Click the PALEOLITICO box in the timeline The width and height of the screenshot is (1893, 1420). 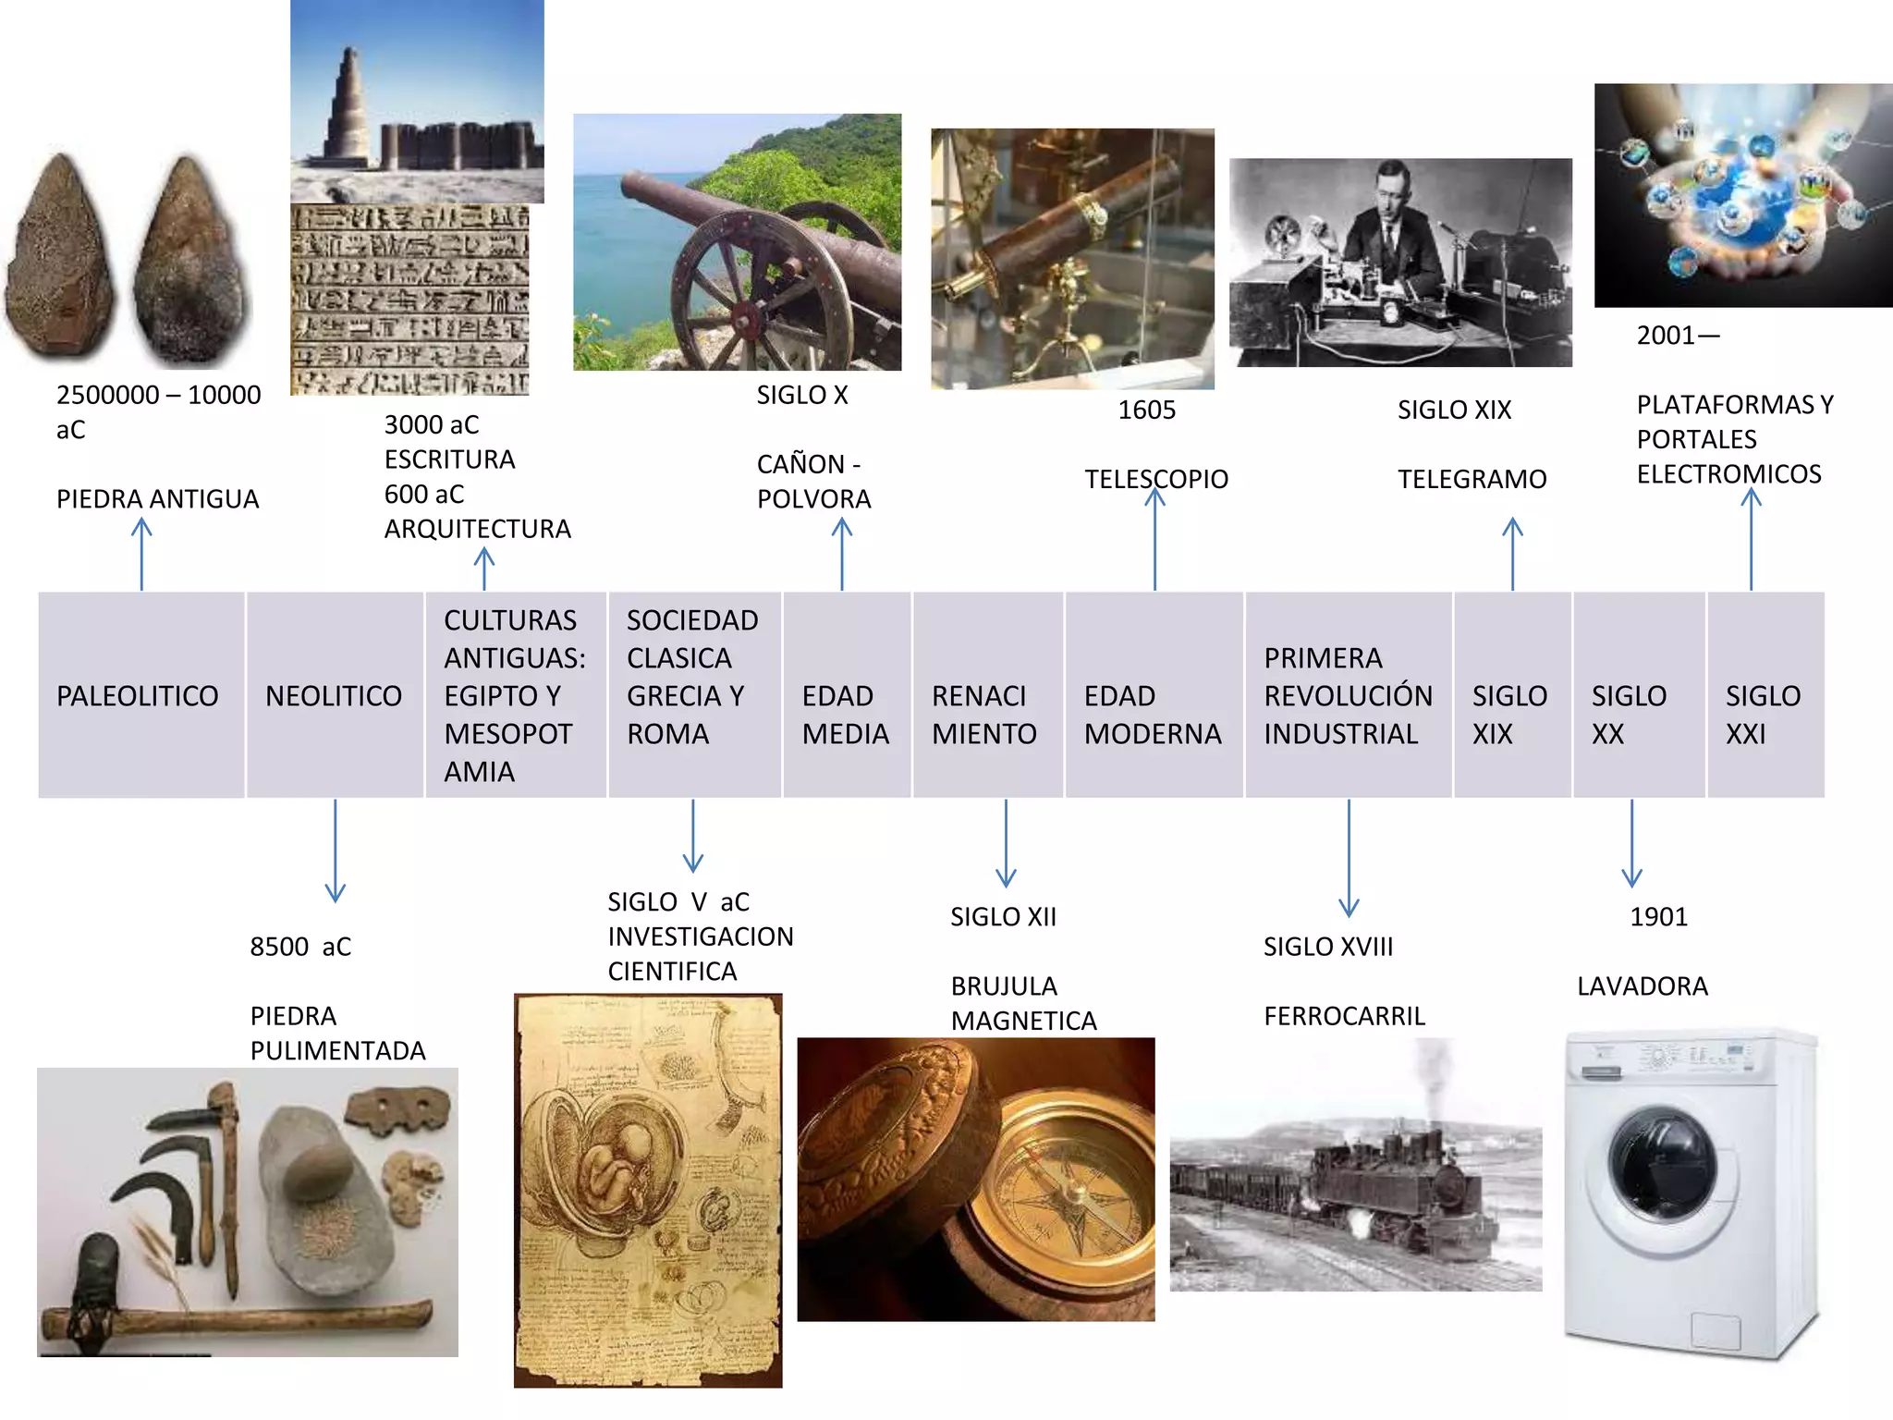pyautogui.click(x=140, y=695)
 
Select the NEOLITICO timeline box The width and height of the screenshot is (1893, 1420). pyautogui.click(x=335, y=695)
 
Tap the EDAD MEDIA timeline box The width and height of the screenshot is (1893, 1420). pyautogui.click(x=846, y=695)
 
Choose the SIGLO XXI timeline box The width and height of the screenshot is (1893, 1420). pyautogui.click(x=1765, y=695)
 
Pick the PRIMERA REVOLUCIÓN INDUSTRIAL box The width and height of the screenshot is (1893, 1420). pyautogui.click(x=1348, y=695)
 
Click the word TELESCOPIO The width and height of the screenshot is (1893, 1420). pyautogui.click(x=1155, y=479)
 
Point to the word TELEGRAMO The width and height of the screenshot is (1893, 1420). pyautogui.click(x=1472, y=479)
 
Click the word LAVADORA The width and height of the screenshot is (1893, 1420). pyautogui.click(x=1642, y=986)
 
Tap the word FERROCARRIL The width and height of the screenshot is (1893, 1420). pyautogui.click(x=1344, y=1016)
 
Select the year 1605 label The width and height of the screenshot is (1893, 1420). pyautogui.click(x=1146, y=410)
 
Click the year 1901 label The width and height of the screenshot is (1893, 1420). pyautogui.click(x=1658, y=917)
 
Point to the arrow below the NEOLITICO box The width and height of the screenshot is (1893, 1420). pyautogui.click(x=336, y=851)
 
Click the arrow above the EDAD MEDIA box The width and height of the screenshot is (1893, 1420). pyautogui.click(x=842, y=554)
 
